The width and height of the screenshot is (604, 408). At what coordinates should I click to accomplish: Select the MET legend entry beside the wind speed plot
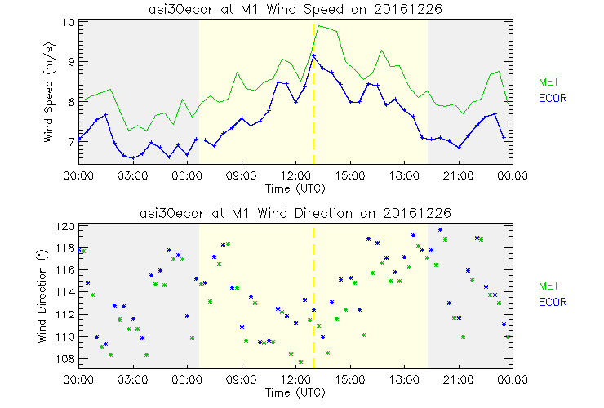[x=548, y=82]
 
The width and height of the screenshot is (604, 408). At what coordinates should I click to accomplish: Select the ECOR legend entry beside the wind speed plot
[x=551, y=99]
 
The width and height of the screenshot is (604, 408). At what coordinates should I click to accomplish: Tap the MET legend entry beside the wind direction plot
[x=548, y=286]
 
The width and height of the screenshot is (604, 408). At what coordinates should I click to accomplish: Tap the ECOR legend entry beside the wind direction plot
[x=551, y=302]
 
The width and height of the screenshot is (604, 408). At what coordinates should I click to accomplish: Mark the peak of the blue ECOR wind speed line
[x=313, y=55]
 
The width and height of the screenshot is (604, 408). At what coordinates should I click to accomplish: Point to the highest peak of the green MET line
[x=320, y=26]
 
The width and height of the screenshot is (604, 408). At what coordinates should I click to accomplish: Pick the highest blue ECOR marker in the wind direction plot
[x=441, y=230]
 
